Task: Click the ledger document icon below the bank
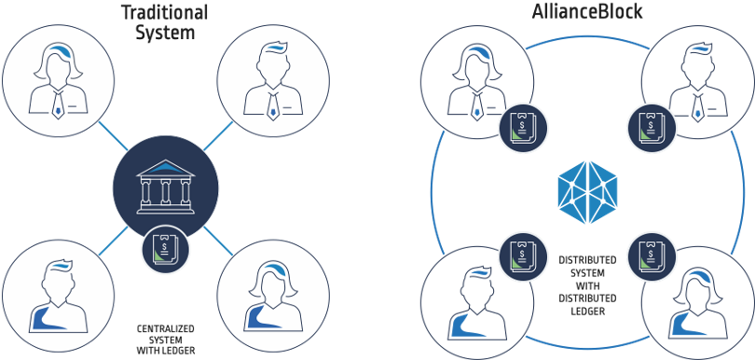coord(166,248)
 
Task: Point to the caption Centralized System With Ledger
coord(166,338)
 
